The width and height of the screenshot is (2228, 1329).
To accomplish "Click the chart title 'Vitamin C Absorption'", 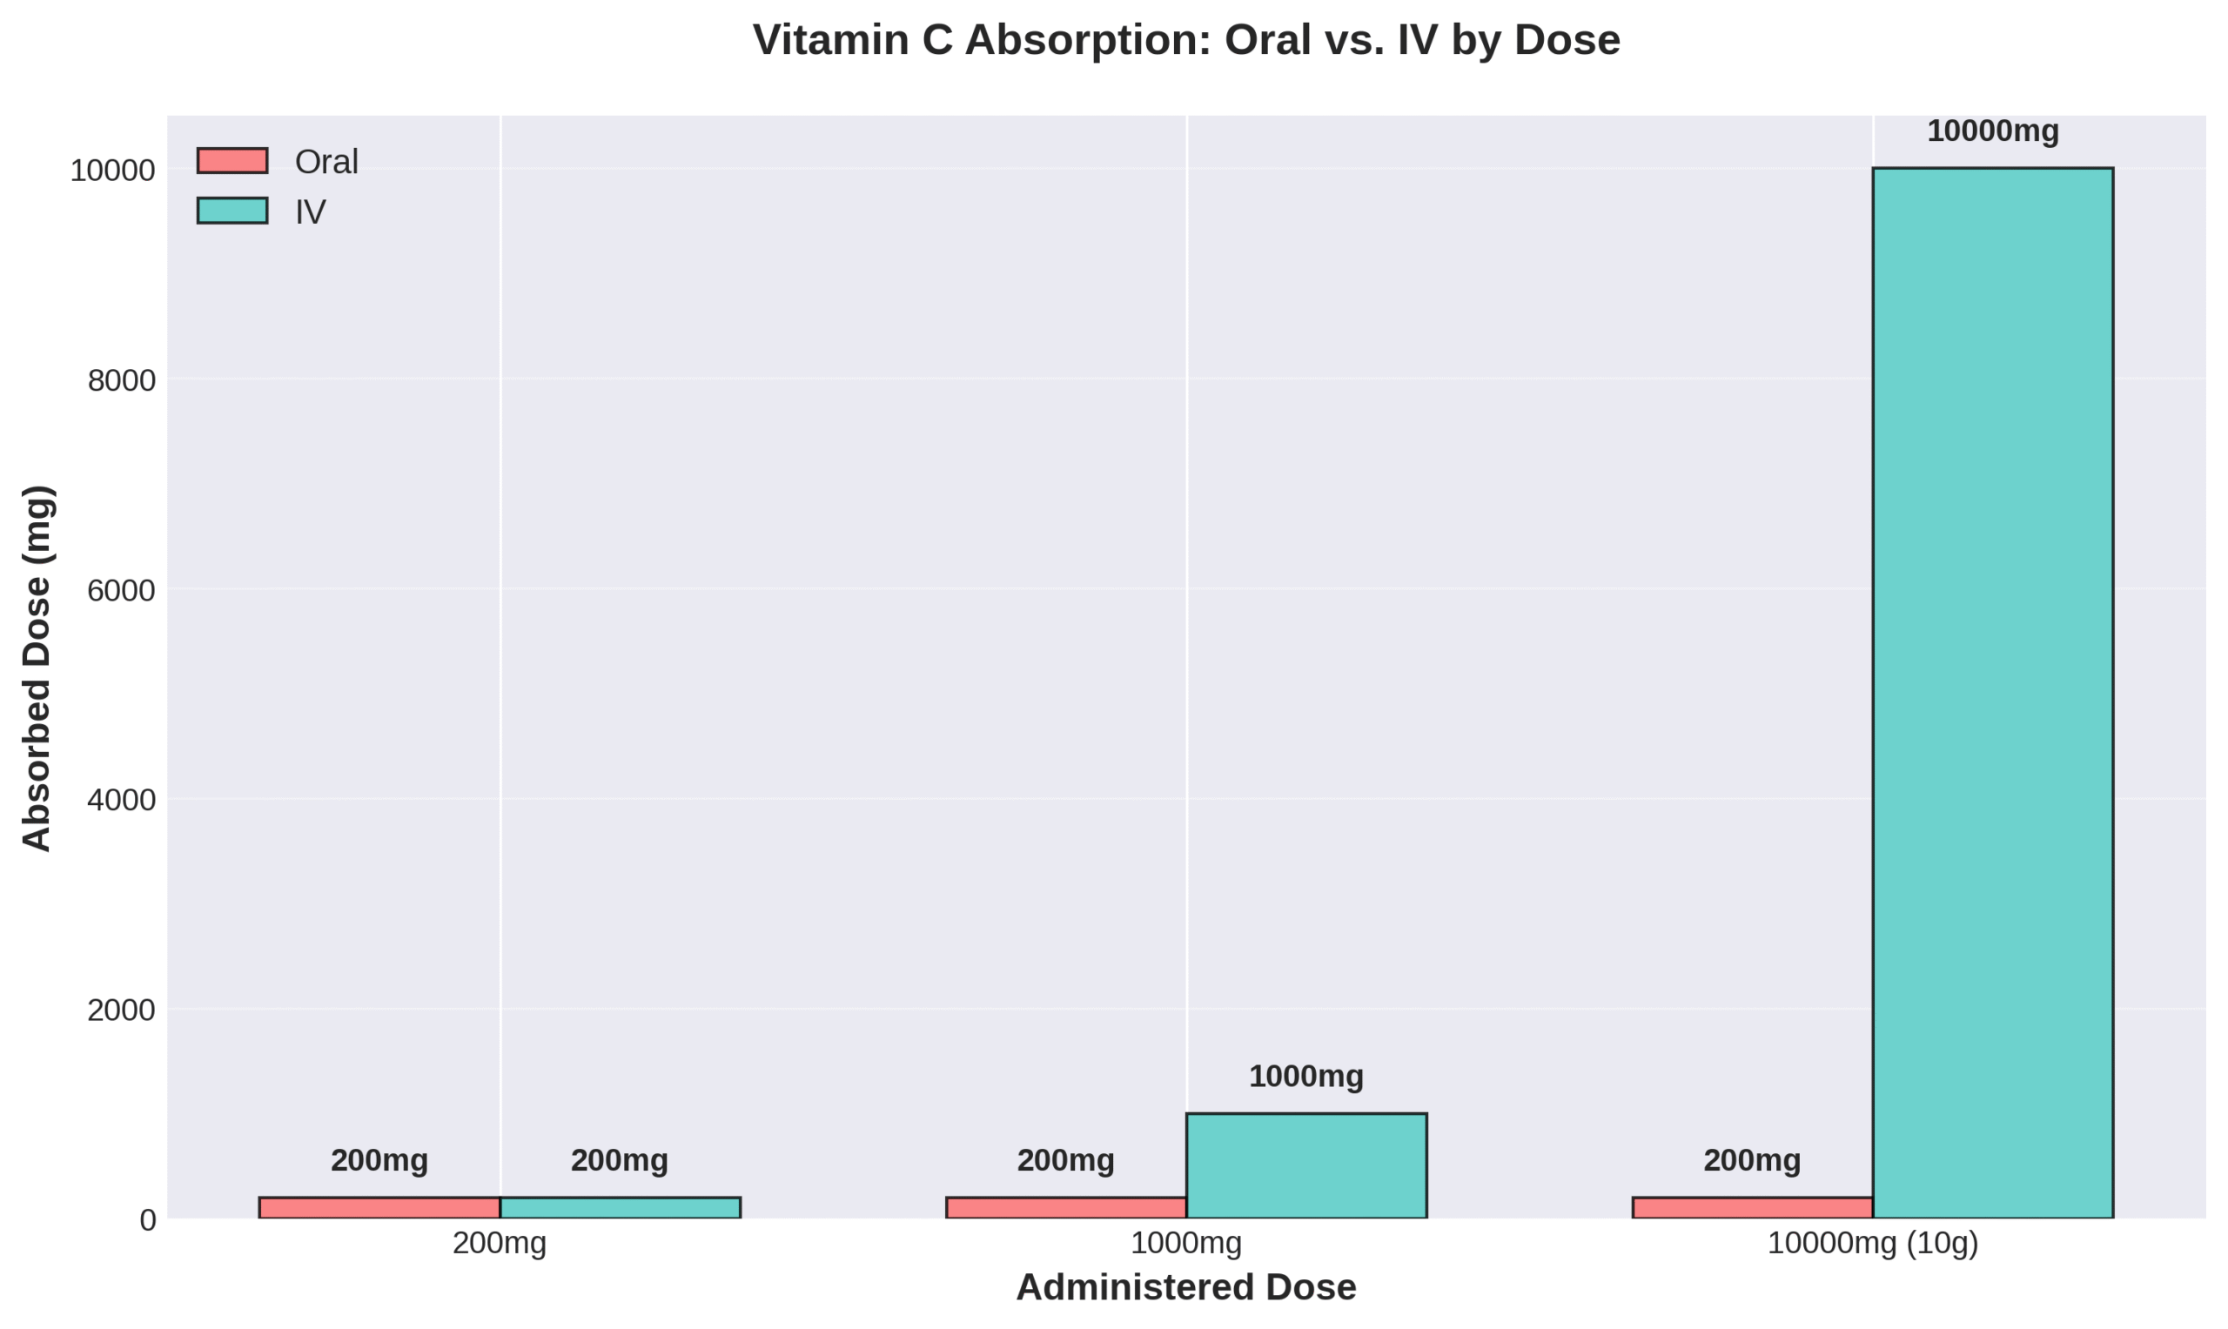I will [x=1185, y=41].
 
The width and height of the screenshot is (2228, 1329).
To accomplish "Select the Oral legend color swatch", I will [x=232, y=161].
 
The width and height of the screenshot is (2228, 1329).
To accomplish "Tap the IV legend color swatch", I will [x=232, y=211].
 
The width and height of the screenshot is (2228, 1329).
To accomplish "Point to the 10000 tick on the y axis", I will [x=113, y=171].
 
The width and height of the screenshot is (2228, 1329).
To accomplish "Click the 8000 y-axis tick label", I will [x=121, y=380].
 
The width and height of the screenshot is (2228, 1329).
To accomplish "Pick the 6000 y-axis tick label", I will [x=121, y=591].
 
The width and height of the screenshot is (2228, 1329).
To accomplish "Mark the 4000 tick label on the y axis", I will [x=121, y=800].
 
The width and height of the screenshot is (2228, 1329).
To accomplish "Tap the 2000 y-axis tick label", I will [x=121, y=1010].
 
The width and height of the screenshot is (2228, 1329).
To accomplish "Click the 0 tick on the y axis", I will [x=148, y=1219].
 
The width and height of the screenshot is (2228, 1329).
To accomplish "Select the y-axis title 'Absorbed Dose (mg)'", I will [x=37, y=668].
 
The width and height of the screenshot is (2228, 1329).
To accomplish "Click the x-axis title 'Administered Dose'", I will [x=1185, y=1288].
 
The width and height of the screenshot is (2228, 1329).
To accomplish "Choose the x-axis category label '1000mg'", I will [x=1185, y=1244].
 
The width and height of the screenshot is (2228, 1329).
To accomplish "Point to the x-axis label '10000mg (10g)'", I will [x=1873, y=1244].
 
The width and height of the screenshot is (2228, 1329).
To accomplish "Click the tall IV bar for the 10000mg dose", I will [x=1992, y=693].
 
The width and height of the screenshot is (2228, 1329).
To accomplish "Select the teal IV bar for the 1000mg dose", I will [x=1305, y=1166].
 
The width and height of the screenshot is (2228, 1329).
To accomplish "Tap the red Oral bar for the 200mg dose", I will [x=379, y=1208].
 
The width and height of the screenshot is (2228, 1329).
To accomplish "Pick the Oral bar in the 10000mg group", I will [x=1753, y=1208].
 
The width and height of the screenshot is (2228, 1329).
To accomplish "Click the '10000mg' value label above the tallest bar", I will [x=1992, y=131].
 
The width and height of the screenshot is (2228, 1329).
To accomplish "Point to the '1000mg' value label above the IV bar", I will [x=1305, y=1077].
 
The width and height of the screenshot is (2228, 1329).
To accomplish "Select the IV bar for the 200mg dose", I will [x=620, y=1208].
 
